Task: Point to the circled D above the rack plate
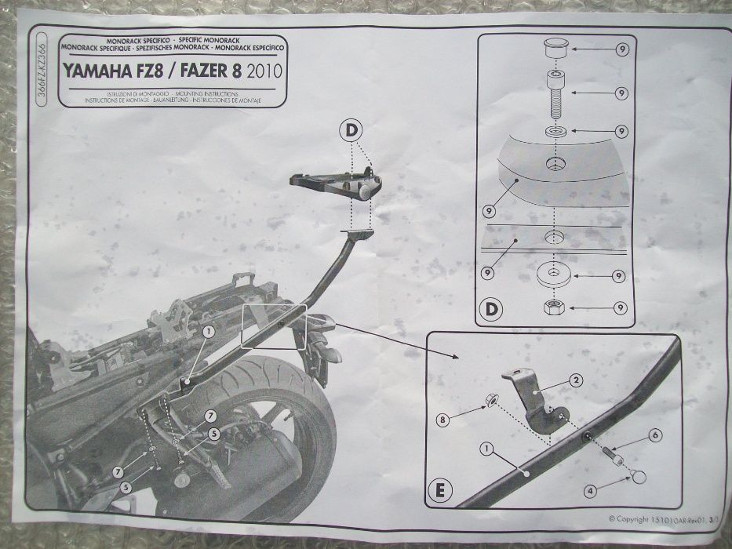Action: pyautogui.click(x=351, y=130)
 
